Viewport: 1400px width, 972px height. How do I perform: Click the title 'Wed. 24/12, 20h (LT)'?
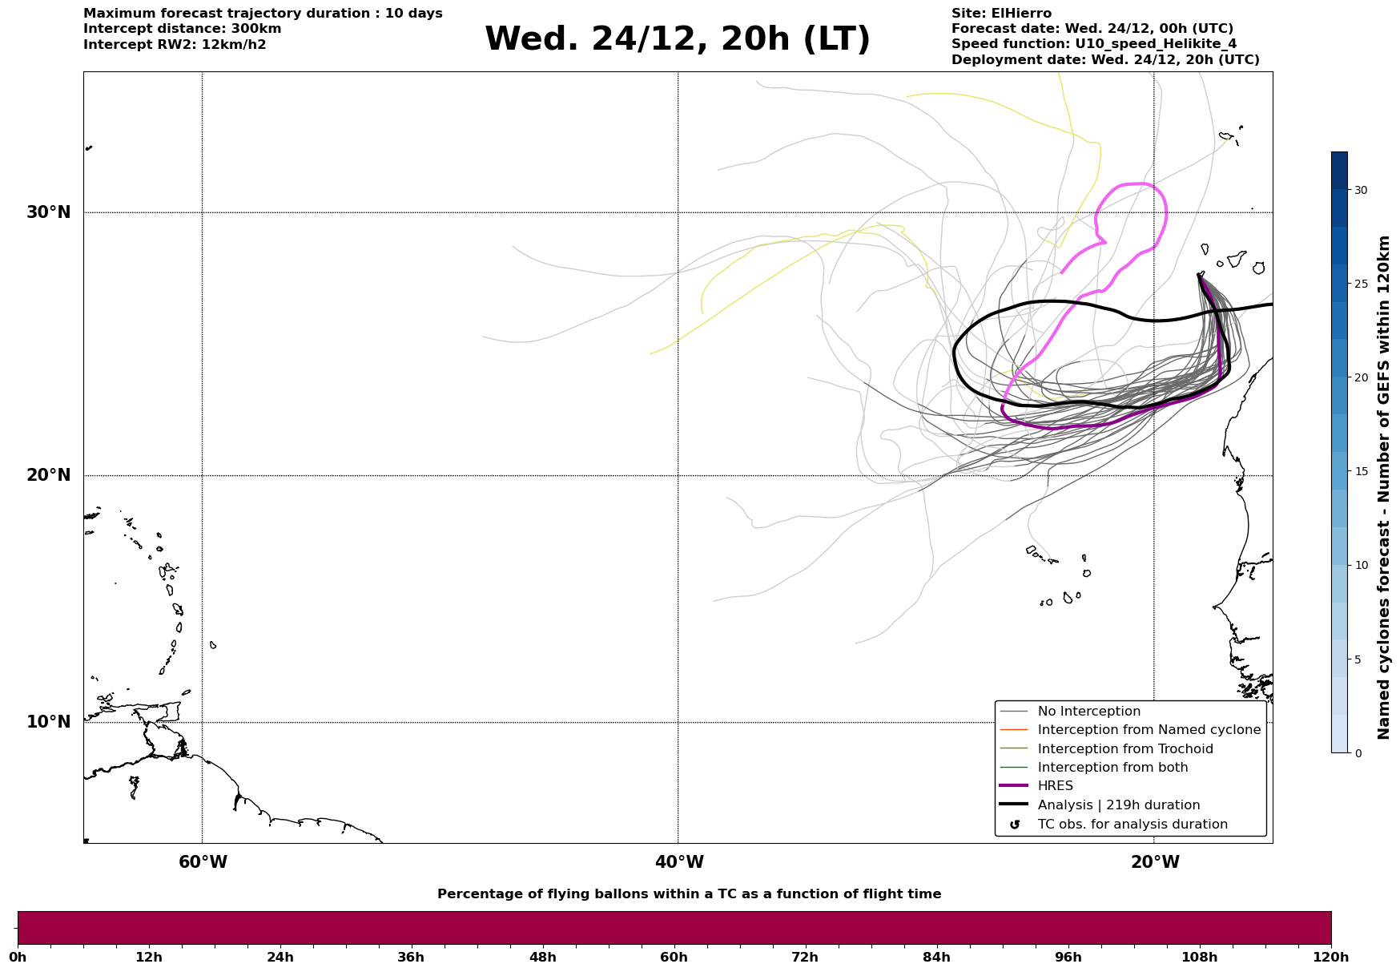[677, 39]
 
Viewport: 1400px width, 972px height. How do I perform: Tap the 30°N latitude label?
[48, 212]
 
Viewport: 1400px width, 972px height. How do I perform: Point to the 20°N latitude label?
[48, 475]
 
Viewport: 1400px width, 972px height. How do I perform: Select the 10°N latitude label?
[48, 722]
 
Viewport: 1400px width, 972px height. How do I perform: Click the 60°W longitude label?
[203, 862]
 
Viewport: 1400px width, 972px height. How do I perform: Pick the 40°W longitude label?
[679, 862]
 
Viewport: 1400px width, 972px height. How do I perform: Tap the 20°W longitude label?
[1155, 862]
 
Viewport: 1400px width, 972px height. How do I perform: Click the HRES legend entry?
[1055, 786]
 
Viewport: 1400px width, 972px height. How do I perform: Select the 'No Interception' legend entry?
[1088, 712]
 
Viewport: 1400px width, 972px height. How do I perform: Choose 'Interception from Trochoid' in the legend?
[1124, 749]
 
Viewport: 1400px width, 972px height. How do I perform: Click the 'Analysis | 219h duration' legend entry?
[1118, 805]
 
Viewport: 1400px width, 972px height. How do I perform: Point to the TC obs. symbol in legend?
[1015, 825]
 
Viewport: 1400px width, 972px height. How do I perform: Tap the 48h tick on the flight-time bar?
[542, 958]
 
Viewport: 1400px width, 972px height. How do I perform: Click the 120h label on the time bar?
[1331, 958]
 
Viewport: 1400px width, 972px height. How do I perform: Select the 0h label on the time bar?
[18, 958]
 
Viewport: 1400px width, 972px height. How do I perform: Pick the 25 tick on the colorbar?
[1360, 284]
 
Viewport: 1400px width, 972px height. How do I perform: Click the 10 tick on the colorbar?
[1360, 566]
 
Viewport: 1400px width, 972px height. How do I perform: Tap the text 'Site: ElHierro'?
[1001, 14]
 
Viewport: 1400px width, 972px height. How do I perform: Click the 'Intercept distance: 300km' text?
[183, 29]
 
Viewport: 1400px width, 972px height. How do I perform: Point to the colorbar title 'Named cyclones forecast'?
[1383, 487]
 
